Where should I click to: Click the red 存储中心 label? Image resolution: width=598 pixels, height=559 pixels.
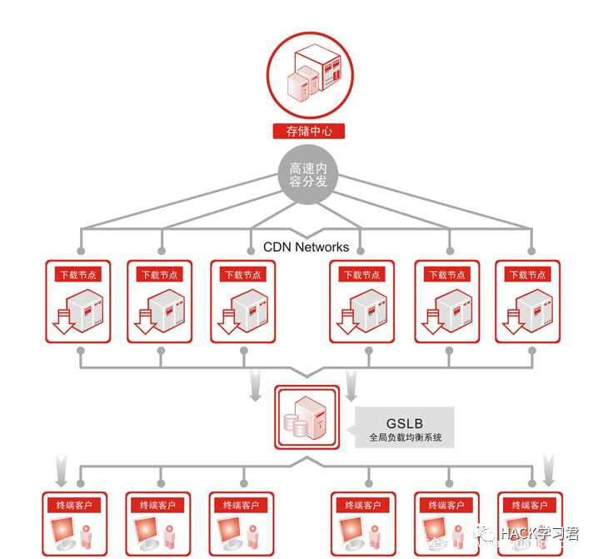(308, 131)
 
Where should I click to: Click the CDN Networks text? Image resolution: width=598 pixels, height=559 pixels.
(306, 247)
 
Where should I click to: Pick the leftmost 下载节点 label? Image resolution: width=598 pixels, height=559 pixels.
(77, 274)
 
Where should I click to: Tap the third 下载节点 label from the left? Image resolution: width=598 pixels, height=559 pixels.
(243, 274)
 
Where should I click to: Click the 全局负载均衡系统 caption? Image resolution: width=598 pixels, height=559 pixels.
(405, 437)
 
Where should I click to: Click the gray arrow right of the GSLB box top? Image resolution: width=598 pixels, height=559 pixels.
(351, 386)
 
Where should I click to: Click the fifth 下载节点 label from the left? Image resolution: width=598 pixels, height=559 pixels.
(447, 274)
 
